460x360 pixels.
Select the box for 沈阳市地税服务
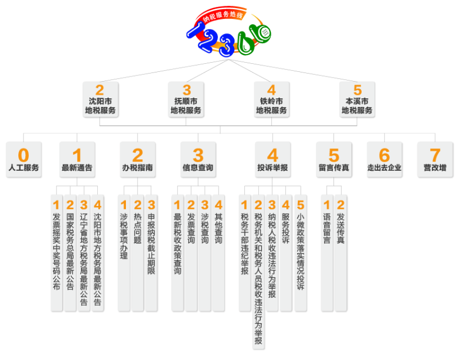tap(100, 99)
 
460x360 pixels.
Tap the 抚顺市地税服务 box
tap(186, 99)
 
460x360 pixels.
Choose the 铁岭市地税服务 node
tap(271, 99)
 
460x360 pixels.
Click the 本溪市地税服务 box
tap(357, 99)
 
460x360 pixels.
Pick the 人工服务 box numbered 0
tap(24, 159)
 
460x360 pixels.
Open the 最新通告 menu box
tap(77, 159)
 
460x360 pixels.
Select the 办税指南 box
tap(137, 159)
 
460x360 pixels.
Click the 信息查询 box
tap(198, 159)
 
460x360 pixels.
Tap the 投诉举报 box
tap(273, 159)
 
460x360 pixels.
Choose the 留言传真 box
tap(333, 159)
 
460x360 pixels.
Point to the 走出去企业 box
tap(384, 159)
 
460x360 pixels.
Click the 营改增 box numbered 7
tap(435, 159)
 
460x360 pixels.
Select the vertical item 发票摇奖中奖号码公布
tap(56, 253)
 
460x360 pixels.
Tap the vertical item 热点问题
tap(137, 253)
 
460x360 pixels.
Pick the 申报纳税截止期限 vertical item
tap(151, 253)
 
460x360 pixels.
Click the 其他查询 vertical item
tap(218, 253)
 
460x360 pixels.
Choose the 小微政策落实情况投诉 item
tap(300, 253)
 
